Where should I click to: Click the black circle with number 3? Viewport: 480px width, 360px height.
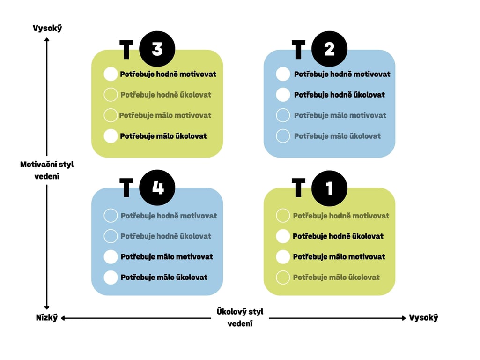point(157,49)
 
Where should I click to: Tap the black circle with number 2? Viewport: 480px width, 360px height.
point(329,49)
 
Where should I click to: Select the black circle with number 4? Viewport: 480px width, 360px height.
point(157,187)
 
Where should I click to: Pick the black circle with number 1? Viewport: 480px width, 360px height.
point(329,187)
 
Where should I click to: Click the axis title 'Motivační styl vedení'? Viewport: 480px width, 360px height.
point(47,171)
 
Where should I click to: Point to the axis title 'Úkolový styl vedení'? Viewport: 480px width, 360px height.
point(240,317)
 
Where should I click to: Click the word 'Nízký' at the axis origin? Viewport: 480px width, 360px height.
point(47,318)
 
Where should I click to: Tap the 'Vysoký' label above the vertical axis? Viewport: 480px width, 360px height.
point(47,28)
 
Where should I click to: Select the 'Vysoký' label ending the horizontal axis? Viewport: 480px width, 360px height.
point(423,318)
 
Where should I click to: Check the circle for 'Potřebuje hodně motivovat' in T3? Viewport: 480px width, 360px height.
point(111,74)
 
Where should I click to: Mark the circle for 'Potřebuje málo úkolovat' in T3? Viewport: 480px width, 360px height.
point(111,136)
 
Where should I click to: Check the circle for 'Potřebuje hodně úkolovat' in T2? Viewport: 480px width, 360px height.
point(283,95)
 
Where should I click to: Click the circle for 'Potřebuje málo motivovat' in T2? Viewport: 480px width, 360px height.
point(283,115)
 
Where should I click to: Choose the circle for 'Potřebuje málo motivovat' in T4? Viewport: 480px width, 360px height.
point(111,257)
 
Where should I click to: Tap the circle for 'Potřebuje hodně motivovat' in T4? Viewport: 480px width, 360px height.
point(111,216)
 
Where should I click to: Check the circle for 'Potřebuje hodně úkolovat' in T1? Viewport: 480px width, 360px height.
point(283,236)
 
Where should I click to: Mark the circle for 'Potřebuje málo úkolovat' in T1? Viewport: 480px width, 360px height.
point(283,277)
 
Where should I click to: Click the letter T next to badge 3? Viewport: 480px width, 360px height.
point(126,50)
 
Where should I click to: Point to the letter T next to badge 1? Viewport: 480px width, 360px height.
point(298,188)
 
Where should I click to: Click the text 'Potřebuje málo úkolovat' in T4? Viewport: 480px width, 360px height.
point(164,277)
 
